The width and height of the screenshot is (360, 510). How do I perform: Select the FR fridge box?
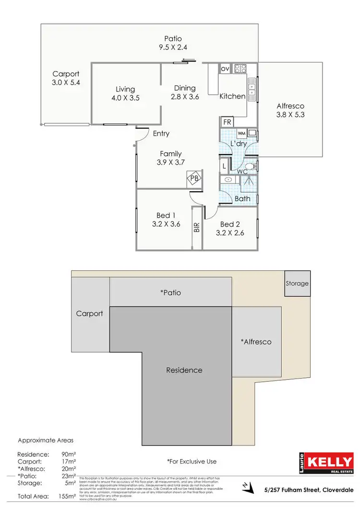point(227,122)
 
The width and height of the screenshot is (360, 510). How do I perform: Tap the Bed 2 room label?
point(230,224)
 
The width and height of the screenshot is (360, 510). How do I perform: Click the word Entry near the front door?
point(161,134)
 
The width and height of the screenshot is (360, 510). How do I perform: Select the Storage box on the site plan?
point(297,283)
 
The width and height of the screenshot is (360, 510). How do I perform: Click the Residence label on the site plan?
point(184,370)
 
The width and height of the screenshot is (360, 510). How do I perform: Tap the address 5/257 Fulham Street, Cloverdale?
point(309,490)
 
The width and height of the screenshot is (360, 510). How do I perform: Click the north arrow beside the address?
point(247,488)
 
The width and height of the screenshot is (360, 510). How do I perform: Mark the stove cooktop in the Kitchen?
point(240,68)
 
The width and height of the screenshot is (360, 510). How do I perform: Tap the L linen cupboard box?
point(224,166)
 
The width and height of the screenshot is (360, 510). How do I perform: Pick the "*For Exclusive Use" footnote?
point(192,461)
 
